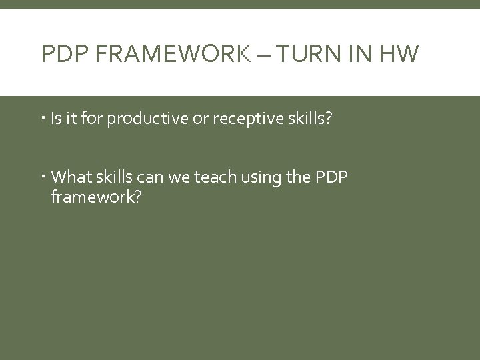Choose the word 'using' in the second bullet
(x=261, y=177)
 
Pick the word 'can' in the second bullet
(x=155, y=177)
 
